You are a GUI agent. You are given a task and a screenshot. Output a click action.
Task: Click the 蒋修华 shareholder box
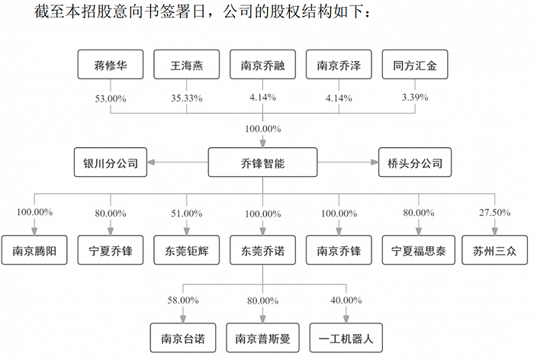pyautogui.click(x=111, y=64)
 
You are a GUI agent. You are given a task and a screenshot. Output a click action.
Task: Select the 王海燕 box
pyautogui.click(x=187, y=64)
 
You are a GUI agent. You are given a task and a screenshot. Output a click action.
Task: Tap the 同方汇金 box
pyautogui.click(x=415, y=64)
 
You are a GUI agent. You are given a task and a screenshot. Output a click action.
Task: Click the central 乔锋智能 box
pyautogui.click(x=262, y=162)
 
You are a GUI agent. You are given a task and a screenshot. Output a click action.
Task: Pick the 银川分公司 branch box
pyautogui.click(x=111, y=162)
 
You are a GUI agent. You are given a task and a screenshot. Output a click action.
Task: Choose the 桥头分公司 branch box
pyautogui.click(x=415, y=162)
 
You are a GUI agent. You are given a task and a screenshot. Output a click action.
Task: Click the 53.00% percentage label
pyautogui.click(x=111, y=98)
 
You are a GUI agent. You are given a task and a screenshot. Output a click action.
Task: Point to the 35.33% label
pyautogui.click(x=187, y=98)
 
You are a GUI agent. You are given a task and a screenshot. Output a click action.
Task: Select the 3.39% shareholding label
pyautogui.click(x=415, y=98)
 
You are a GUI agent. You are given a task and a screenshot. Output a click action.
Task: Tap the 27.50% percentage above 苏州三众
pyautogui.click(x=494, y=213)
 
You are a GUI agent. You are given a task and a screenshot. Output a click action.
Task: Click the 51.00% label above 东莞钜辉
pyautogui.click(x=187, y=214)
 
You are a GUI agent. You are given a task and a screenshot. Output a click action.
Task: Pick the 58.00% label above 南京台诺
pyautogui.click(x=183, y=301)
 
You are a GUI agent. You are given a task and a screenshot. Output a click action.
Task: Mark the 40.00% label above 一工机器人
pyautogui.click(x=346, y=301)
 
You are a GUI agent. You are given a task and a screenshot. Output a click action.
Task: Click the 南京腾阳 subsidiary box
pyautogui.click(x=34, y=250)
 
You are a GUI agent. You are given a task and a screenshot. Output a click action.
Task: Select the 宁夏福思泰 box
pyautogui.click(x=419, y=250)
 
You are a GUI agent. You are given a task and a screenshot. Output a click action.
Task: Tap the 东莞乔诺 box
pyautogui.click(x=262, y=250)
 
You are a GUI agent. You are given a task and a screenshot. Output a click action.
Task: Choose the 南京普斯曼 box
pyautogui.click(x=262, y=338)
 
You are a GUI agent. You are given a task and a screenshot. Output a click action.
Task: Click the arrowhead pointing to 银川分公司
pyautogui.click(x=151, y=162)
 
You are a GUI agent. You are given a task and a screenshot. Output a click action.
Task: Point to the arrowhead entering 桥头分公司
pyautogui.click(x=375, y=162)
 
